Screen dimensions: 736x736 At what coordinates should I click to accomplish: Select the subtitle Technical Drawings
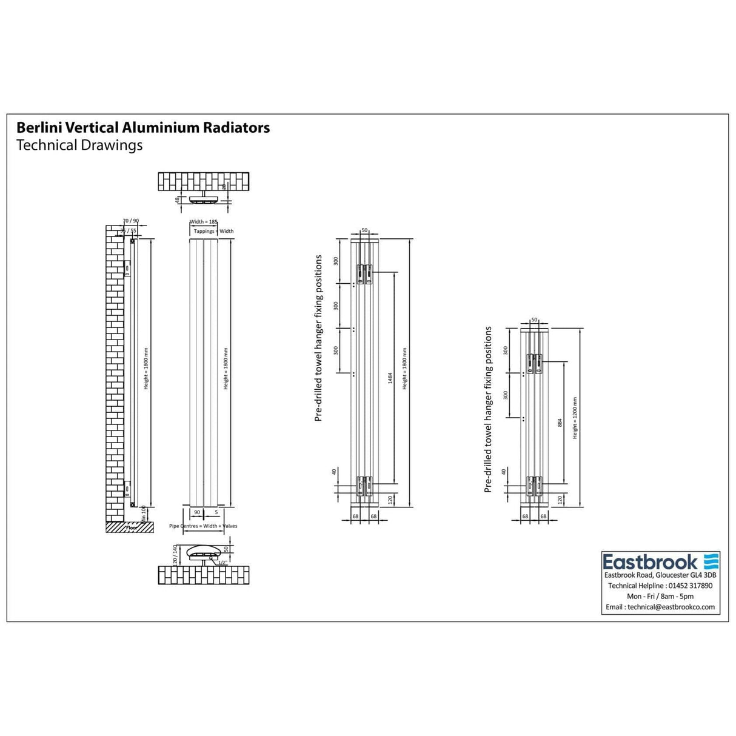[x=79, y=146]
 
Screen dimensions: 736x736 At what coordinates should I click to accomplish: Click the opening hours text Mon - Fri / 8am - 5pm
[x=660, y=597]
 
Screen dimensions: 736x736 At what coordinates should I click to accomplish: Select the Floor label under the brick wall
[x=132, y=528]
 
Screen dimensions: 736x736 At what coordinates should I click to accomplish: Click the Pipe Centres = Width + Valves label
[x=203, y=526]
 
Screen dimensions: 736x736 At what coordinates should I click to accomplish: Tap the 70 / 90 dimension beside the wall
[x=130, y=221]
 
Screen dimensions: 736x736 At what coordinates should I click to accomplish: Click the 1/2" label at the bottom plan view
[x=222, y=563]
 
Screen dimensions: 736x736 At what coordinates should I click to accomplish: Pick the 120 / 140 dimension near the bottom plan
[x=175, y=555]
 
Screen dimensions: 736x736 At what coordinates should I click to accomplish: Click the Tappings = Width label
[x=213, y=231]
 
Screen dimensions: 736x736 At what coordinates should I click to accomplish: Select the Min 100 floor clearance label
[x=144, y=513]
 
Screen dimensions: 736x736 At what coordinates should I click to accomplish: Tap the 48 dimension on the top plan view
[x=178, y=199]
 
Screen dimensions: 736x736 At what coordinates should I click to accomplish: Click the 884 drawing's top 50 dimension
[x=534, y=319]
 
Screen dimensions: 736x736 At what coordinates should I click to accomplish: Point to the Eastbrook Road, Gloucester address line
[x=660, y=575]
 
